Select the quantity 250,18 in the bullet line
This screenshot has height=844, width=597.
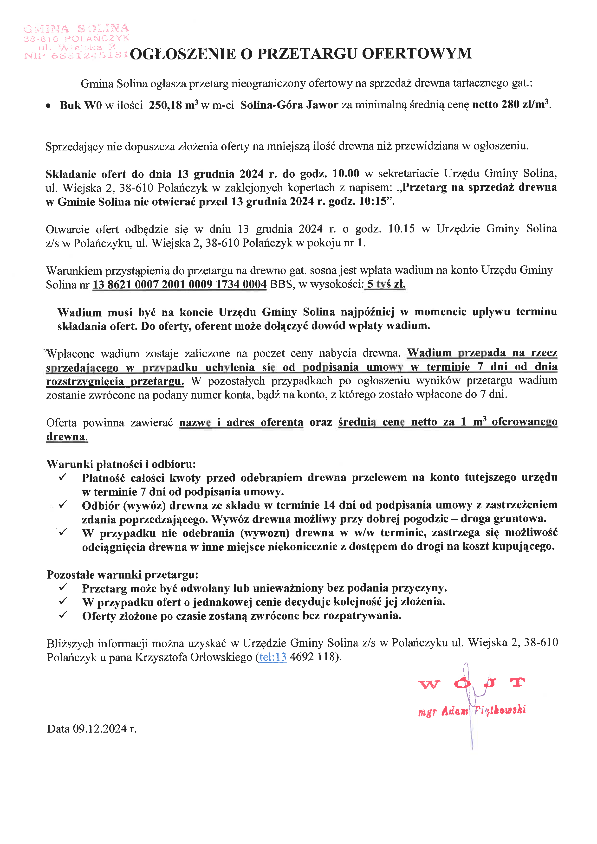(x=165, y=105)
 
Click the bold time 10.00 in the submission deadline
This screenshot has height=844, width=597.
(x=345, y=174)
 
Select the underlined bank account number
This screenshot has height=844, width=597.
(x=179, y=284)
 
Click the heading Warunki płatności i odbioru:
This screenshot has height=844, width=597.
(x=121, y=464)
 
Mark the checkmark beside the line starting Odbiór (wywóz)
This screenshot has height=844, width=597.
(x=63, y=505)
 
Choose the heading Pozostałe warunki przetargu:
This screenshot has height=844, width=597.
(x=123, y=574)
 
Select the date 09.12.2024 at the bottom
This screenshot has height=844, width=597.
(x=100, y=728)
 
